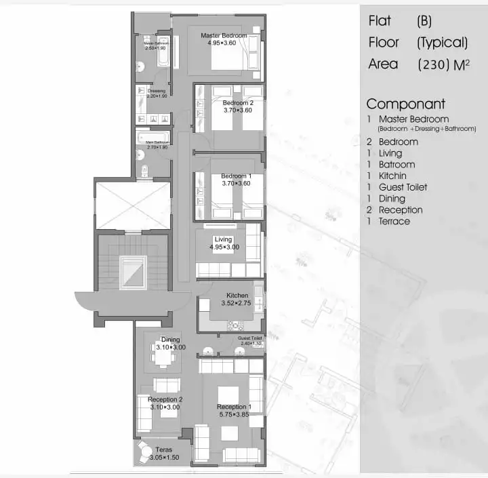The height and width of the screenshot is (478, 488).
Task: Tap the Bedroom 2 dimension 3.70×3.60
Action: point(238,111)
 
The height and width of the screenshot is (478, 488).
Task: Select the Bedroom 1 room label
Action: point(235,176)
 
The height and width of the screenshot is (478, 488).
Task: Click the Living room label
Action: point(223,239)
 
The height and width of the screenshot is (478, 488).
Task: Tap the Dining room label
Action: point(170,340)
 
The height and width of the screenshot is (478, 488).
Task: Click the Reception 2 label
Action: point(165,399)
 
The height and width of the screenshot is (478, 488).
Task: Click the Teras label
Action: point(163,450)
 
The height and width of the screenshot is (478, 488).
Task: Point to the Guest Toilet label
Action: point(251,338)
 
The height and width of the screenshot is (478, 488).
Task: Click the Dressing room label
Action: point(157,91)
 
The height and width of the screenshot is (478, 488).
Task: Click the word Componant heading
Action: point(405,104)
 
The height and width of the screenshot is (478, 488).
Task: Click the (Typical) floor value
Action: point(442,43)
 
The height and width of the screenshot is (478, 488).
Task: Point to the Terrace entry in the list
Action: point(394,221)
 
